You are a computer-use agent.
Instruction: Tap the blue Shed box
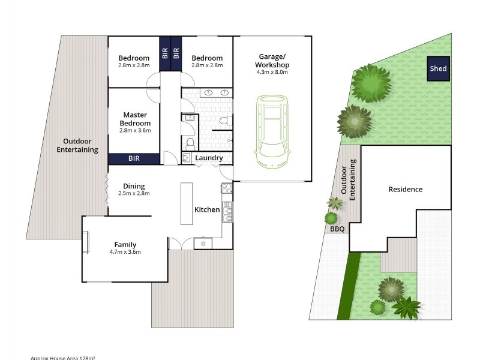pos(438,69)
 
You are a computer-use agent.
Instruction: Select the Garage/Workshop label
pos(272,61)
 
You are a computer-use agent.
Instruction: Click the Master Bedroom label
pos(134,119)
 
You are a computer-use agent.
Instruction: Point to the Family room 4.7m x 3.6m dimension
pos(126,252)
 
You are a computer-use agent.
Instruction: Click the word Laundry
pos(209,158)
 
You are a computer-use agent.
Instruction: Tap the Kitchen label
pos(206,209)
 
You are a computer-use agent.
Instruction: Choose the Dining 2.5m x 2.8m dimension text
pos(134,193)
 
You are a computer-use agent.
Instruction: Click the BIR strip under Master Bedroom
pos(134,159)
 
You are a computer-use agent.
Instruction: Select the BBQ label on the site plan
pos(334,229)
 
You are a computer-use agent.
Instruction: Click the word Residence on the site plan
pos(405,189)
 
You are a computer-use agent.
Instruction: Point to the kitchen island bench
pos(186,203)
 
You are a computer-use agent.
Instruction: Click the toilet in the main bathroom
pos(223,122)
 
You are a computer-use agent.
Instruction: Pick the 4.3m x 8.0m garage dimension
pos(272,73)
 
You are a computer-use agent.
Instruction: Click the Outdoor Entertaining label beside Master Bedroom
pos(77,146)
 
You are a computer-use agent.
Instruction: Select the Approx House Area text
pos(63,358)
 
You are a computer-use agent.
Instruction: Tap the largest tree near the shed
pos(371,83)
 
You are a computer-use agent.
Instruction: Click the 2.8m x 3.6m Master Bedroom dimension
pos(134,130)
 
